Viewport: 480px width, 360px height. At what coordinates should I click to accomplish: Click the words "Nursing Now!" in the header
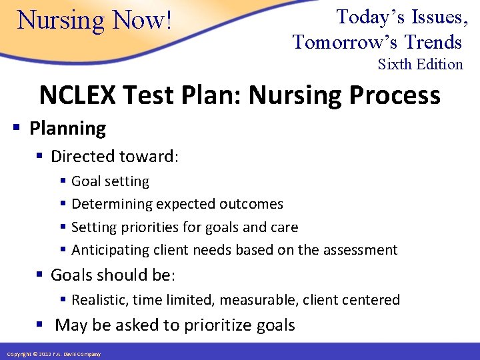click(95, 20)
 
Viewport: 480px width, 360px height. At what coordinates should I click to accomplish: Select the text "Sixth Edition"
click(420, 65)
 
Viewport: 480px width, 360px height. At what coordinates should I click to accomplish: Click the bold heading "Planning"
click(67, 128)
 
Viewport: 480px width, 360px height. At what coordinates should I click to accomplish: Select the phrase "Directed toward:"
click(115, 157)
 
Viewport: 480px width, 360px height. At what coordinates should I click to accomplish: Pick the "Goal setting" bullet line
click(110, 181)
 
